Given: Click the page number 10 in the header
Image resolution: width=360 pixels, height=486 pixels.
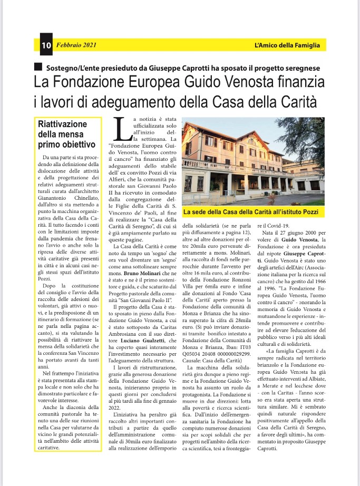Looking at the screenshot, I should point(45,45).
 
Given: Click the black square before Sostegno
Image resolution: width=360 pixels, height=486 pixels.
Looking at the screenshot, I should point(37,67).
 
